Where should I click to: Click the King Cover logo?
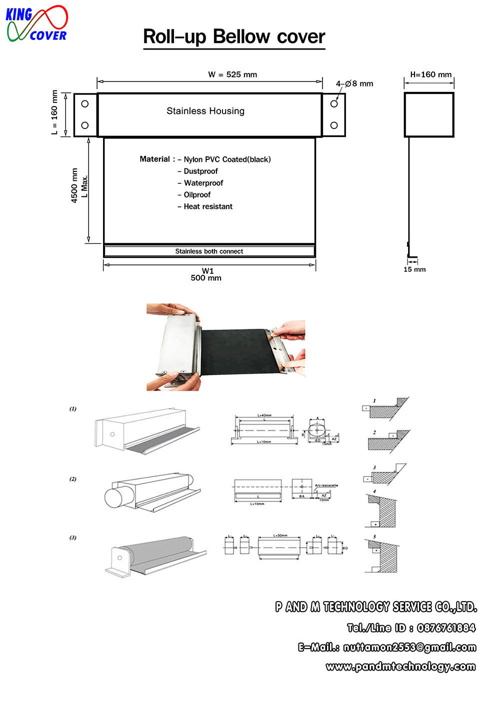(x=36, y=24)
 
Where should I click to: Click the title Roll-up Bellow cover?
(x=234, y=37)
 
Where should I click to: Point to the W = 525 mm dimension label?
(x=232, y=74)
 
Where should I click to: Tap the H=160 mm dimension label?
(x=430, y=74)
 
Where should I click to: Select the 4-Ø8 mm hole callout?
(x=354, y=83)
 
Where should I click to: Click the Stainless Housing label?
(x=205, y=111)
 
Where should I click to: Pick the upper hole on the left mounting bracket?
(x=85, y=104)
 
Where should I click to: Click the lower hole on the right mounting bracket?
(x=334, y=125)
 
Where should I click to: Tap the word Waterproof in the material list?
(x=203, y=183)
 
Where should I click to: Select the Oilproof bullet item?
(x=197, y=195)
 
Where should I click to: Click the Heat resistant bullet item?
(x=208, y=206)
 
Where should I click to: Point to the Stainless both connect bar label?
(x=209, y=251)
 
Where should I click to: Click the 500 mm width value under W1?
(x=206, y=278)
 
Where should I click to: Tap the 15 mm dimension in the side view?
(x=414, y=269)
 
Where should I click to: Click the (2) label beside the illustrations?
(x=73, y=479)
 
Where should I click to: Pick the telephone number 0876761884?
(x=446, y=628)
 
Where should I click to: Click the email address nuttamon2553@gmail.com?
(x=409, y=648)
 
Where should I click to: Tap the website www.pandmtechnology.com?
(x=400, y=667)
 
